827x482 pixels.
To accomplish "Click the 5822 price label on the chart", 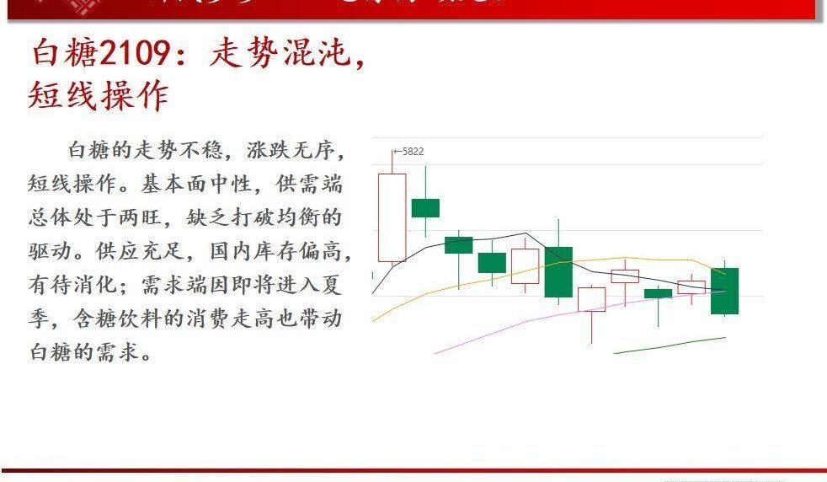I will [413, 152].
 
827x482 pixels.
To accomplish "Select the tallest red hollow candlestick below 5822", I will [392, 217].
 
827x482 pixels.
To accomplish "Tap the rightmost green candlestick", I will [724, 291].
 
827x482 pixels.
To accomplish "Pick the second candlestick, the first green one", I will [425, 207].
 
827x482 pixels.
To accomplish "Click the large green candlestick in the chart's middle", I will [558, 271].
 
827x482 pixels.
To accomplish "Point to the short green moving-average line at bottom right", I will [670, 345].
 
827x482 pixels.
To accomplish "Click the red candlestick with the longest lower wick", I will [591, 299].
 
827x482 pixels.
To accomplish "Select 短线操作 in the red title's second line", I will [99, 95].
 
